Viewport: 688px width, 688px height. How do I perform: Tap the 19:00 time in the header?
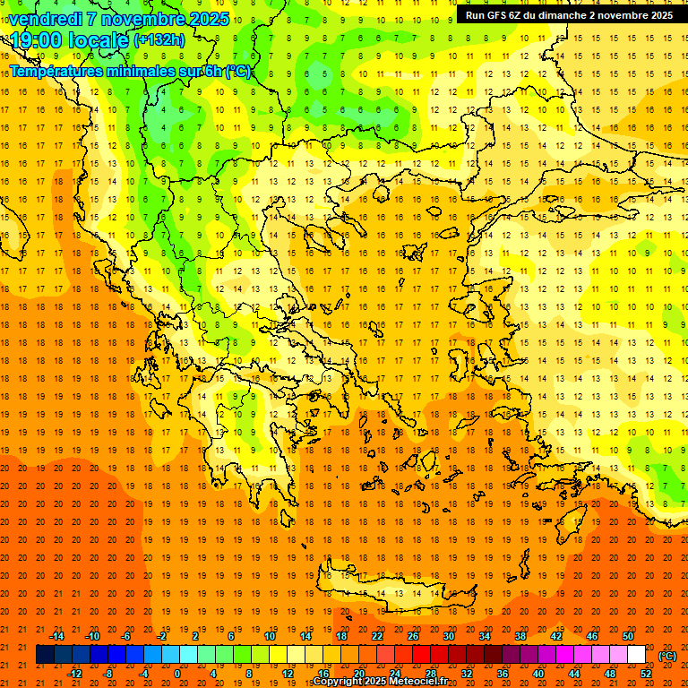[x=35, y=40]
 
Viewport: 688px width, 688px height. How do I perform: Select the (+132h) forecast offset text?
[x=159, y=40]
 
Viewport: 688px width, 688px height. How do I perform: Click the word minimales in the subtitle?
[x=126, y=72]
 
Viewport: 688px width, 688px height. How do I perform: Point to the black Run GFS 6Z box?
[x=569, y=15]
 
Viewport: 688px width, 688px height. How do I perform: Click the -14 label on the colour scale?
[x=57, y=636]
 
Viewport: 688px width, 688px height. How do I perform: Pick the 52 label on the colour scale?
[x=646, y=674]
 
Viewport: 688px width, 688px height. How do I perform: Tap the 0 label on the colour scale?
[x=176, y=674]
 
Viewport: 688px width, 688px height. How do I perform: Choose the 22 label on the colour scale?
[x=377, y=636]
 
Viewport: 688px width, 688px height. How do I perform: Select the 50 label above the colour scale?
[x=628, y=636]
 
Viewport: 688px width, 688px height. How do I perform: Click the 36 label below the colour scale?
[x=503, y=674]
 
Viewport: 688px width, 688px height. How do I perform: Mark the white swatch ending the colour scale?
[x=636, y=655]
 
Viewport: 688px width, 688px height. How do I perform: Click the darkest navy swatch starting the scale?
[x=45, y=655]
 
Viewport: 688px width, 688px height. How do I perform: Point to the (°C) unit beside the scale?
[x=667, y=656]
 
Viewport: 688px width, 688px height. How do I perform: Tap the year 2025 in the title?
[x=209, y=19]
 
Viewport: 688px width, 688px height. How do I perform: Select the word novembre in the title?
[x=145, y=19]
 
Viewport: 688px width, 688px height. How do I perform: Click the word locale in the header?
[x=97, y=40]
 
